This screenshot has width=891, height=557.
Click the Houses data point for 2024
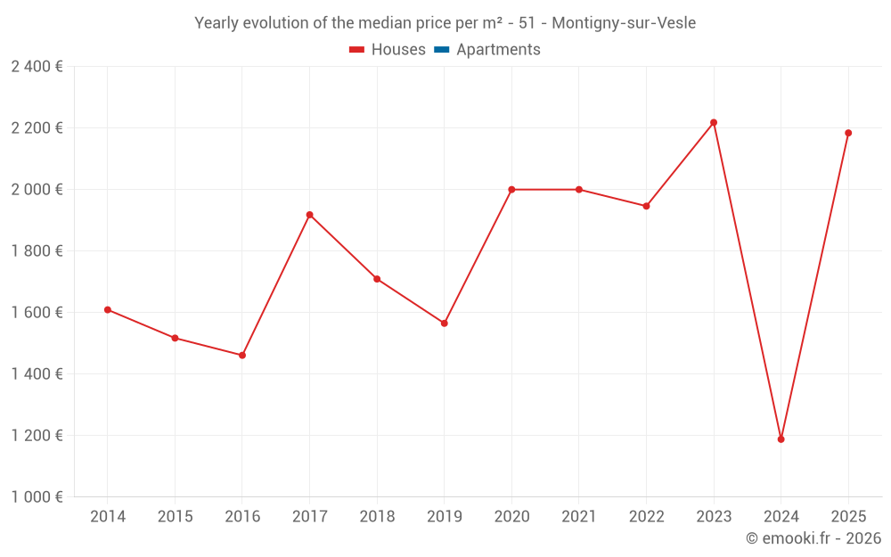click(x=781, y=439)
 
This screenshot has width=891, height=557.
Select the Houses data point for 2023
click(x=714, y=123)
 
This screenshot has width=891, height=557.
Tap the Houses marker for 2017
click(x=309, y=215)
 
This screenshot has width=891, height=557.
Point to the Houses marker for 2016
click(x=242, y=356)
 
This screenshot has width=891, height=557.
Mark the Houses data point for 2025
click(x=848, y=133)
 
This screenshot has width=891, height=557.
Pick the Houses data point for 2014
click(x=108, y=310)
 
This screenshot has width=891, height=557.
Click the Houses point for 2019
click(x=444, y=324)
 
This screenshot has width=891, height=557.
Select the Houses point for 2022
click(x=646, y=206)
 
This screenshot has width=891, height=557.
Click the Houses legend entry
click(x=388, y=50)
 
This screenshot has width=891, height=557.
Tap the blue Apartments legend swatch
click(x=441, y=50)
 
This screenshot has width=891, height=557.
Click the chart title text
click(x=445, y=23)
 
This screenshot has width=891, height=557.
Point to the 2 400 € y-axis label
click(x=37, y=67)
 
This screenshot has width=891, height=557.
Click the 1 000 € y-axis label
click(x=37, y=496)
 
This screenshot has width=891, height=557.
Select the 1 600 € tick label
click(x=37, y=313)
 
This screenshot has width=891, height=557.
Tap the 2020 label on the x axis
click(x=511, y=517)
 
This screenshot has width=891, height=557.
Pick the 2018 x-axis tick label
click(x=377, y=517)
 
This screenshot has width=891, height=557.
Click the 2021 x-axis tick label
click(x=579, y=517)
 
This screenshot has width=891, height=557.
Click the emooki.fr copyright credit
click(x=813, y=538)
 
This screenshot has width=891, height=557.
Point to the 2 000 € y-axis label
click(x=37, y=190)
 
